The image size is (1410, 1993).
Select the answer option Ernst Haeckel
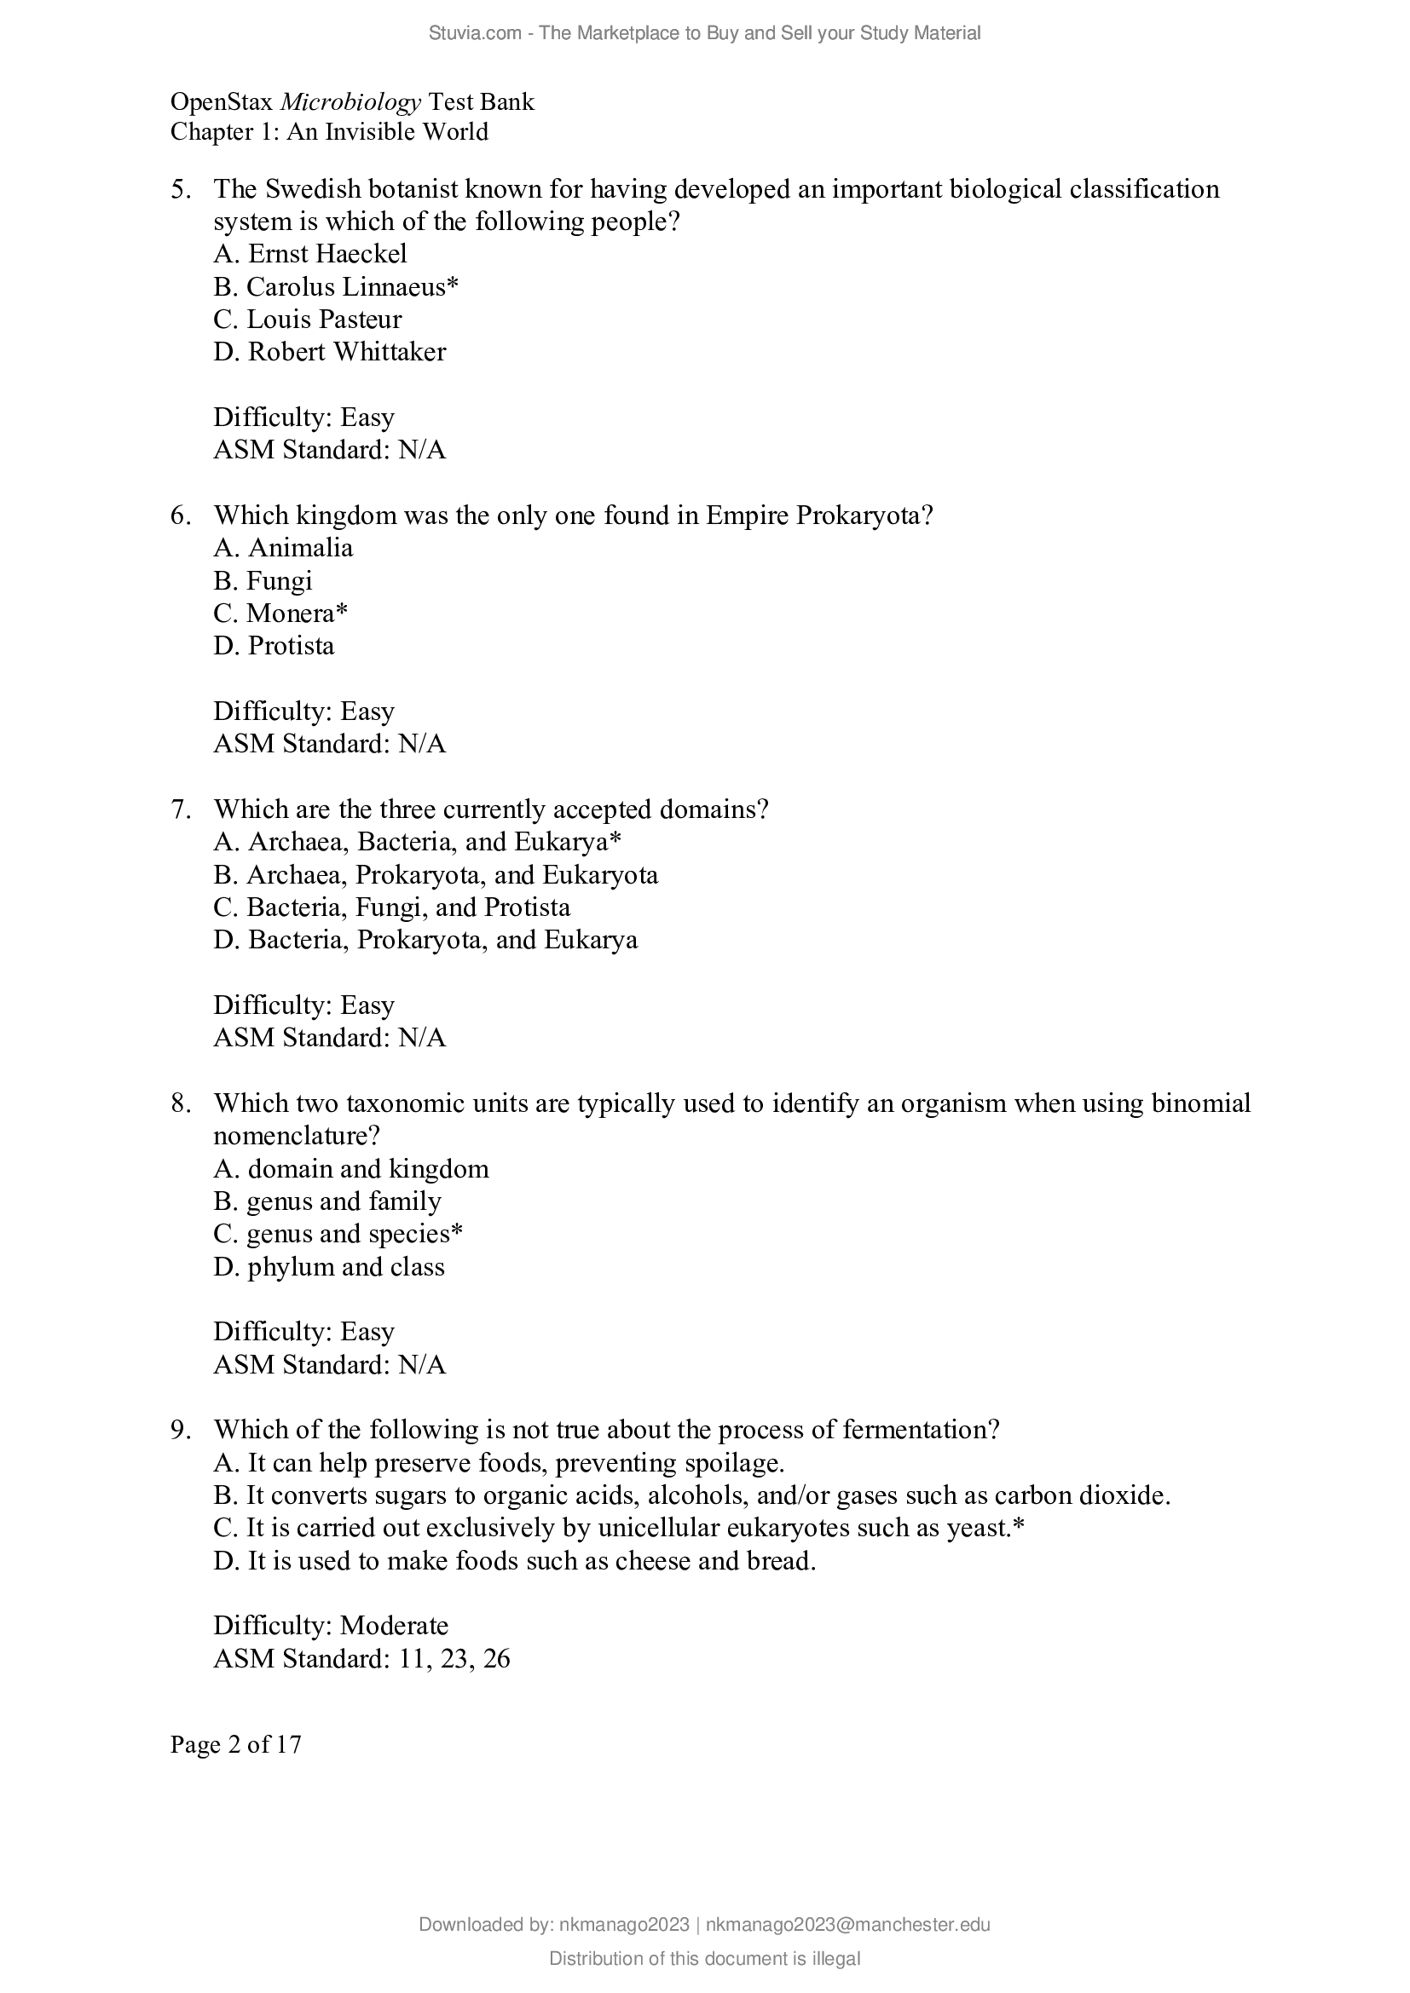click(310, 253)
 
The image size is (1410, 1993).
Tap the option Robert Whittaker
click(329, 352)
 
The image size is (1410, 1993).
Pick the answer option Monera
click(280, 613)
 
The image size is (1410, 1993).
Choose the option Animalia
click(283, 548)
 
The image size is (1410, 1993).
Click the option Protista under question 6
click(274, 646)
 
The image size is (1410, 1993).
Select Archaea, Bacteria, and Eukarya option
click(418, 842)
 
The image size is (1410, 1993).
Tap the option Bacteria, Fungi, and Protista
click(391, 907)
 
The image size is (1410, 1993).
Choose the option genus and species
click(338, 1234)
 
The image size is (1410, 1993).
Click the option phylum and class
click(329, 1266)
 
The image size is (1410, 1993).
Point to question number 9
click(181, 1430)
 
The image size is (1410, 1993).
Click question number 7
click(181, 809)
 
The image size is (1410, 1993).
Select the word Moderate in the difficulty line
click(394, 1626)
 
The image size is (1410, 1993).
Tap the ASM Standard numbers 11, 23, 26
click(454, 1659)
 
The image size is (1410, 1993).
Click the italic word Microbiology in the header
click(350, 102)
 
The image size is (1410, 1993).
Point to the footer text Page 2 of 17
click(236, 1744)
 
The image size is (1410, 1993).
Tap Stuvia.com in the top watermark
click(474, 33)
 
